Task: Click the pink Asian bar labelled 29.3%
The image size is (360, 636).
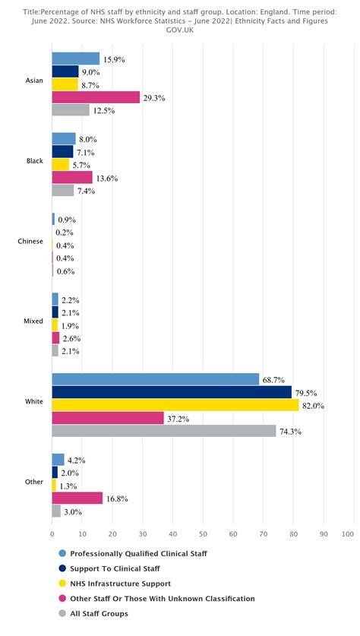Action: click(x=96, y=97)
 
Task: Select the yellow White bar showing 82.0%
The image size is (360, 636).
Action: click(x=175, y=406)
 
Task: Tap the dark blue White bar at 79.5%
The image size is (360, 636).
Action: click(x=172, y=392)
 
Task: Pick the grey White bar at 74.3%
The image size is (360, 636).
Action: click(x=163, y=431)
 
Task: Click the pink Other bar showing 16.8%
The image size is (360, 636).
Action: click(x=77, y=498)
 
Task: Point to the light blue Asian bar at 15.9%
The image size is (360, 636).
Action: click(x=75, y=59)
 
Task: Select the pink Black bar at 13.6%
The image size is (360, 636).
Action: click(x=72, y=178)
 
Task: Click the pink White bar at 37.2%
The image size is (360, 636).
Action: click(x=108, y=418)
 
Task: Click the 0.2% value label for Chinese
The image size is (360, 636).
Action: click(x=65, y=233)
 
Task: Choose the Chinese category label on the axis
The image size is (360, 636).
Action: click(x=30, y=242)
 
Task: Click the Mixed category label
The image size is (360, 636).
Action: click(x=33, y=321)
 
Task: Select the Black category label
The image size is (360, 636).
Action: click(x=34, y=161)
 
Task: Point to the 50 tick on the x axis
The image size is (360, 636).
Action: click(x=203, y=533)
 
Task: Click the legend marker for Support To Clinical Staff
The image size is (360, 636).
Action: click(x=62, y=568)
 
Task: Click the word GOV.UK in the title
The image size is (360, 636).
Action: click(x=180, y=30)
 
